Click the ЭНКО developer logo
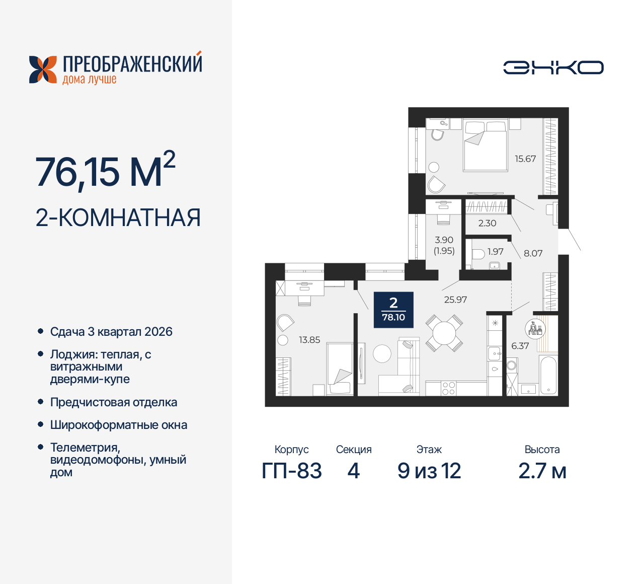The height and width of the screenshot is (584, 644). (553, 67)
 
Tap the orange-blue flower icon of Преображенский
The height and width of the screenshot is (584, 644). (43, 69)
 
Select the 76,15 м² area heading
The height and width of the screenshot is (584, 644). (105, 171)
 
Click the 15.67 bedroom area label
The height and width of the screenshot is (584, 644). (525, 159)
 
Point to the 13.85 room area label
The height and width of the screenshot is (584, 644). (309, 340)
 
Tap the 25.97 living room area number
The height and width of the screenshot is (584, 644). (455, 300)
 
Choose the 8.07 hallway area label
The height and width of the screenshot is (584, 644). (533, 253)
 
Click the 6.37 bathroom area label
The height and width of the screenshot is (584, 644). (520, 346)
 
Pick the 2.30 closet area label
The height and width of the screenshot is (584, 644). (487, 223)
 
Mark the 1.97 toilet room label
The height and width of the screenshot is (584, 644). (495, 251)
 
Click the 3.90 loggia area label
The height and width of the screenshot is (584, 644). (444, 240)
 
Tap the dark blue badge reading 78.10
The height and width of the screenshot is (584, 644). (393, 310)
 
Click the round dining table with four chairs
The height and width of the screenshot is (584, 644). (444, 333)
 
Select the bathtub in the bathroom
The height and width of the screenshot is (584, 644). (547, 375)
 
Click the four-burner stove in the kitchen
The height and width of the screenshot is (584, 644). (448, 388)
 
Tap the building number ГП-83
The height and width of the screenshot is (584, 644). (292, 471)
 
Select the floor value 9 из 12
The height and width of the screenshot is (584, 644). (429, 471)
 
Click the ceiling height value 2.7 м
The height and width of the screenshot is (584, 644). (542, 471)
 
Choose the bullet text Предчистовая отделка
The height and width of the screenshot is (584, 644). (114, 402)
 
